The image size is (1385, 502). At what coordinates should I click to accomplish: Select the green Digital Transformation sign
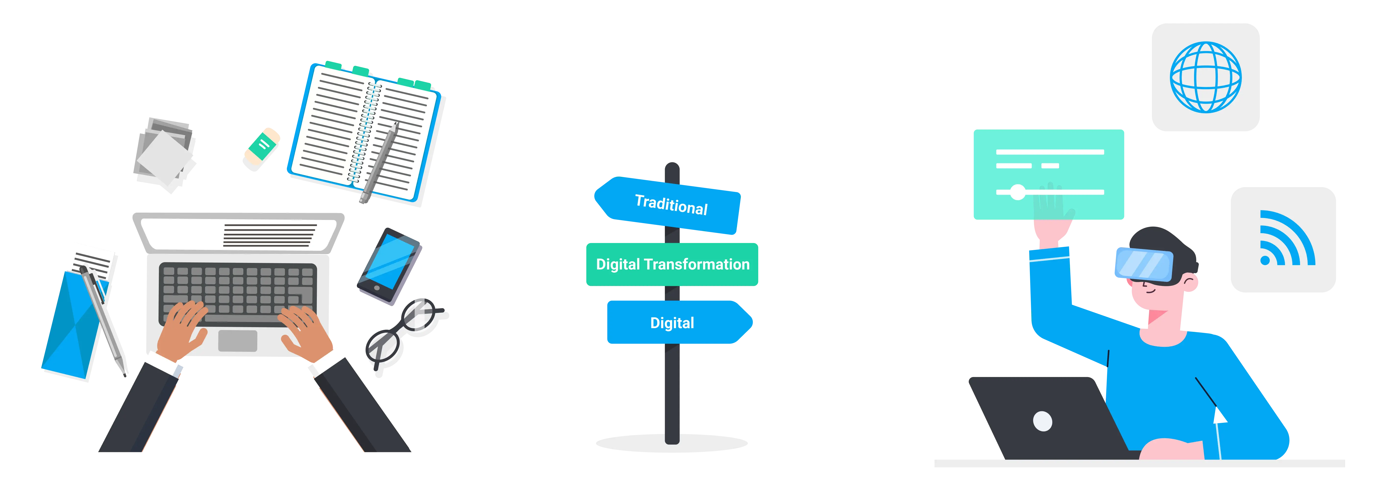(672, 264)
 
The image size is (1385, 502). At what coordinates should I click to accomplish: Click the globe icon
(1205, 77)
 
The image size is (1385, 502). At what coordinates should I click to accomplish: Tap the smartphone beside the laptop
(389, 266)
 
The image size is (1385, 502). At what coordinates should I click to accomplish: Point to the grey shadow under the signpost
(672, 444)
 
